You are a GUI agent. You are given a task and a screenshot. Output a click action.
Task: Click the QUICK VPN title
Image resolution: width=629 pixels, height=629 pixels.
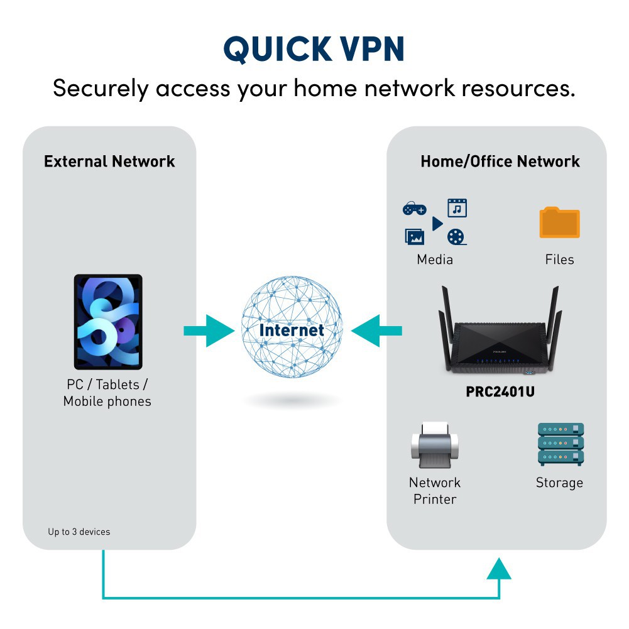coord(314,49)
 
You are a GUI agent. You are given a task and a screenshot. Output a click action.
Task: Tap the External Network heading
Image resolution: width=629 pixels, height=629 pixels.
coord(109,161)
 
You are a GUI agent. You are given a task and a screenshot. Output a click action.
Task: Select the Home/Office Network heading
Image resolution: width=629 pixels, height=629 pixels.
coord(500,161)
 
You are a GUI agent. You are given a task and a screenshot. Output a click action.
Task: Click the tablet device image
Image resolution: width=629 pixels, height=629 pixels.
coord(108,322)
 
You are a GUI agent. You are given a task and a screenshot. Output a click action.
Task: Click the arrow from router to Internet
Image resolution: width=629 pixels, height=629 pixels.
coord(377,331)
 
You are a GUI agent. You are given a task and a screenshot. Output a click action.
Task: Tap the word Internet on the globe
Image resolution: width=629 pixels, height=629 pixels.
coord(292,330)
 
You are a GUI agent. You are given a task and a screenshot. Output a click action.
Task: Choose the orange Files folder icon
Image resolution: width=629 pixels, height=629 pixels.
coord(559,222)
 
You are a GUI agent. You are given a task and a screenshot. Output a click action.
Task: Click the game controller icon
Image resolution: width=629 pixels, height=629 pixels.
coord(414,209)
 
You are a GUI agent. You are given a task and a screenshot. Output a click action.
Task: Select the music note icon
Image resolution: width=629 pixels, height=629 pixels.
coord(457,208)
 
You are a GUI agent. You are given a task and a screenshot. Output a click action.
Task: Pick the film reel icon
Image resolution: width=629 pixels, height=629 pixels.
coord(457,237)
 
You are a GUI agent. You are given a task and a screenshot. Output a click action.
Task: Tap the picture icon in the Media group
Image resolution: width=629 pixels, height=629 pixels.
coord(415,237)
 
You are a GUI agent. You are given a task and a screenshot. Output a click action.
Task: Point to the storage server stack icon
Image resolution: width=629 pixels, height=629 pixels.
coord(561,444)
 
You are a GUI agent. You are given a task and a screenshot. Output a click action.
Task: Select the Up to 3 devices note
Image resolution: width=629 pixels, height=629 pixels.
coord(79,532)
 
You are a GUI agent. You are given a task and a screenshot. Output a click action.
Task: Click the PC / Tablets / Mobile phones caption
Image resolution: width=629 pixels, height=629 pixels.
coord(107,393)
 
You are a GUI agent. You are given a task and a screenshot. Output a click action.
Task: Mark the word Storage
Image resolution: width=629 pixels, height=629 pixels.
coord(559,483)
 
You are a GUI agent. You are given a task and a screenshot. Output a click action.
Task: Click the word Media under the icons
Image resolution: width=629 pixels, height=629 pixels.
coord(434,260)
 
